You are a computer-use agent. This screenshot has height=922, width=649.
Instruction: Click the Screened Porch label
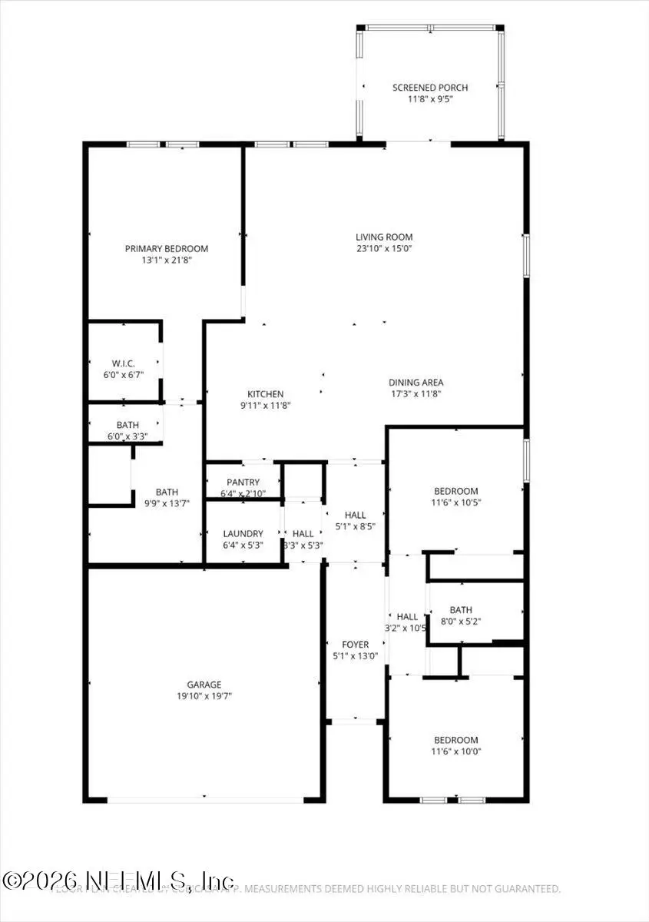[x=430, y=88]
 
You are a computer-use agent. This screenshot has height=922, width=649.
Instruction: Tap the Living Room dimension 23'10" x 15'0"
[x=384, y=248]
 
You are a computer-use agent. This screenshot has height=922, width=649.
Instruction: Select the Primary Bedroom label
[x=167, y=248]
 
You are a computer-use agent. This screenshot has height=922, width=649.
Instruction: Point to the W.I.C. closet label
[x=123, y=363]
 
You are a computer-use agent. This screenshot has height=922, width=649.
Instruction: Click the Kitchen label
[x=265, y=393]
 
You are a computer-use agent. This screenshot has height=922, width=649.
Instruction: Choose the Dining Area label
[x=416, y=382]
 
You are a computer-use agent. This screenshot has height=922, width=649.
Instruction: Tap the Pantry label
[x=243, y=482]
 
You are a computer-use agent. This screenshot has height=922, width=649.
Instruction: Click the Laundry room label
[x=243, y=533]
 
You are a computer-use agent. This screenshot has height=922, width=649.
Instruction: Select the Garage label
[x=204, y=684]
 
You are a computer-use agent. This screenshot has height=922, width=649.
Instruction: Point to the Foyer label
[x=355, y=645]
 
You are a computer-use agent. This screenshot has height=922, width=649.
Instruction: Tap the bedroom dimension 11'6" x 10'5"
[x=455, y=502]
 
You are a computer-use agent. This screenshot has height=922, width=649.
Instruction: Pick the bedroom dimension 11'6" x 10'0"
[x=455, y=751]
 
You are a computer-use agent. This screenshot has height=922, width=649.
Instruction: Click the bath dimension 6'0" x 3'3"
[x=127, y=436]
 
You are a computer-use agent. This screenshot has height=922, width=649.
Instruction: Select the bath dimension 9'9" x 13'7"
[x=167, y=503]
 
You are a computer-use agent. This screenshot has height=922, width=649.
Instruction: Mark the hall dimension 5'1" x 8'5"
[x=356, y=526]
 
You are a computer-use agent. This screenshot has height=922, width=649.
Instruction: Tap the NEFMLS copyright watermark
[x=119, y=880]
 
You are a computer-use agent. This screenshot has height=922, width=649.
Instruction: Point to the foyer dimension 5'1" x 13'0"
[x=355, y=656]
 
